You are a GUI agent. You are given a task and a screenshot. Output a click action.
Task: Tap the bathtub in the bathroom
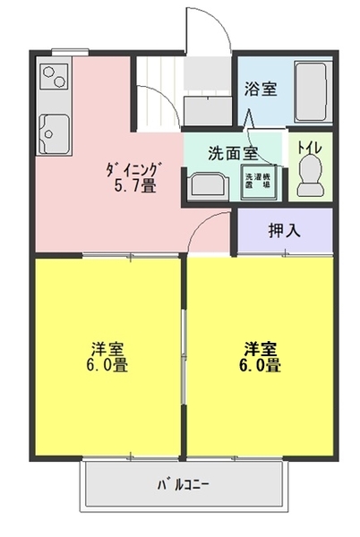[x=312, y=91]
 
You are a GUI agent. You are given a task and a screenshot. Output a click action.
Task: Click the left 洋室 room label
[x=107, y=347]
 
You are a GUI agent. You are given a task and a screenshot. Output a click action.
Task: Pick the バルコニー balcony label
[x=184, y=485]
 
